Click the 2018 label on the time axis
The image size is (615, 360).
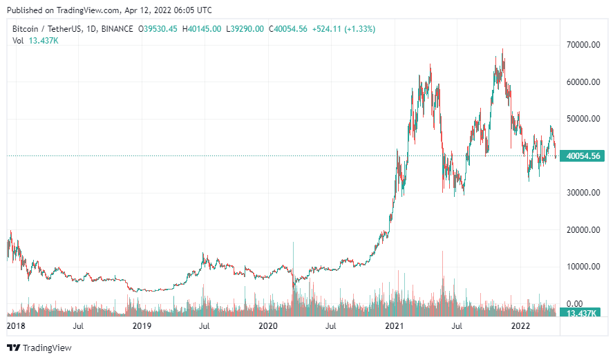point(16,325)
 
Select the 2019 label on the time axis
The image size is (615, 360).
point(142,325)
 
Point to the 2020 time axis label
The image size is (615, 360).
point(268,325)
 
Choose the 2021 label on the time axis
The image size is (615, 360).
point(395,325)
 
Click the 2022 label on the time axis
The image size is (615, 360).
point(520,325)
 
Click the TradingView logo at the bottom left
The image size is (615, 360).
point(39,348)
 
